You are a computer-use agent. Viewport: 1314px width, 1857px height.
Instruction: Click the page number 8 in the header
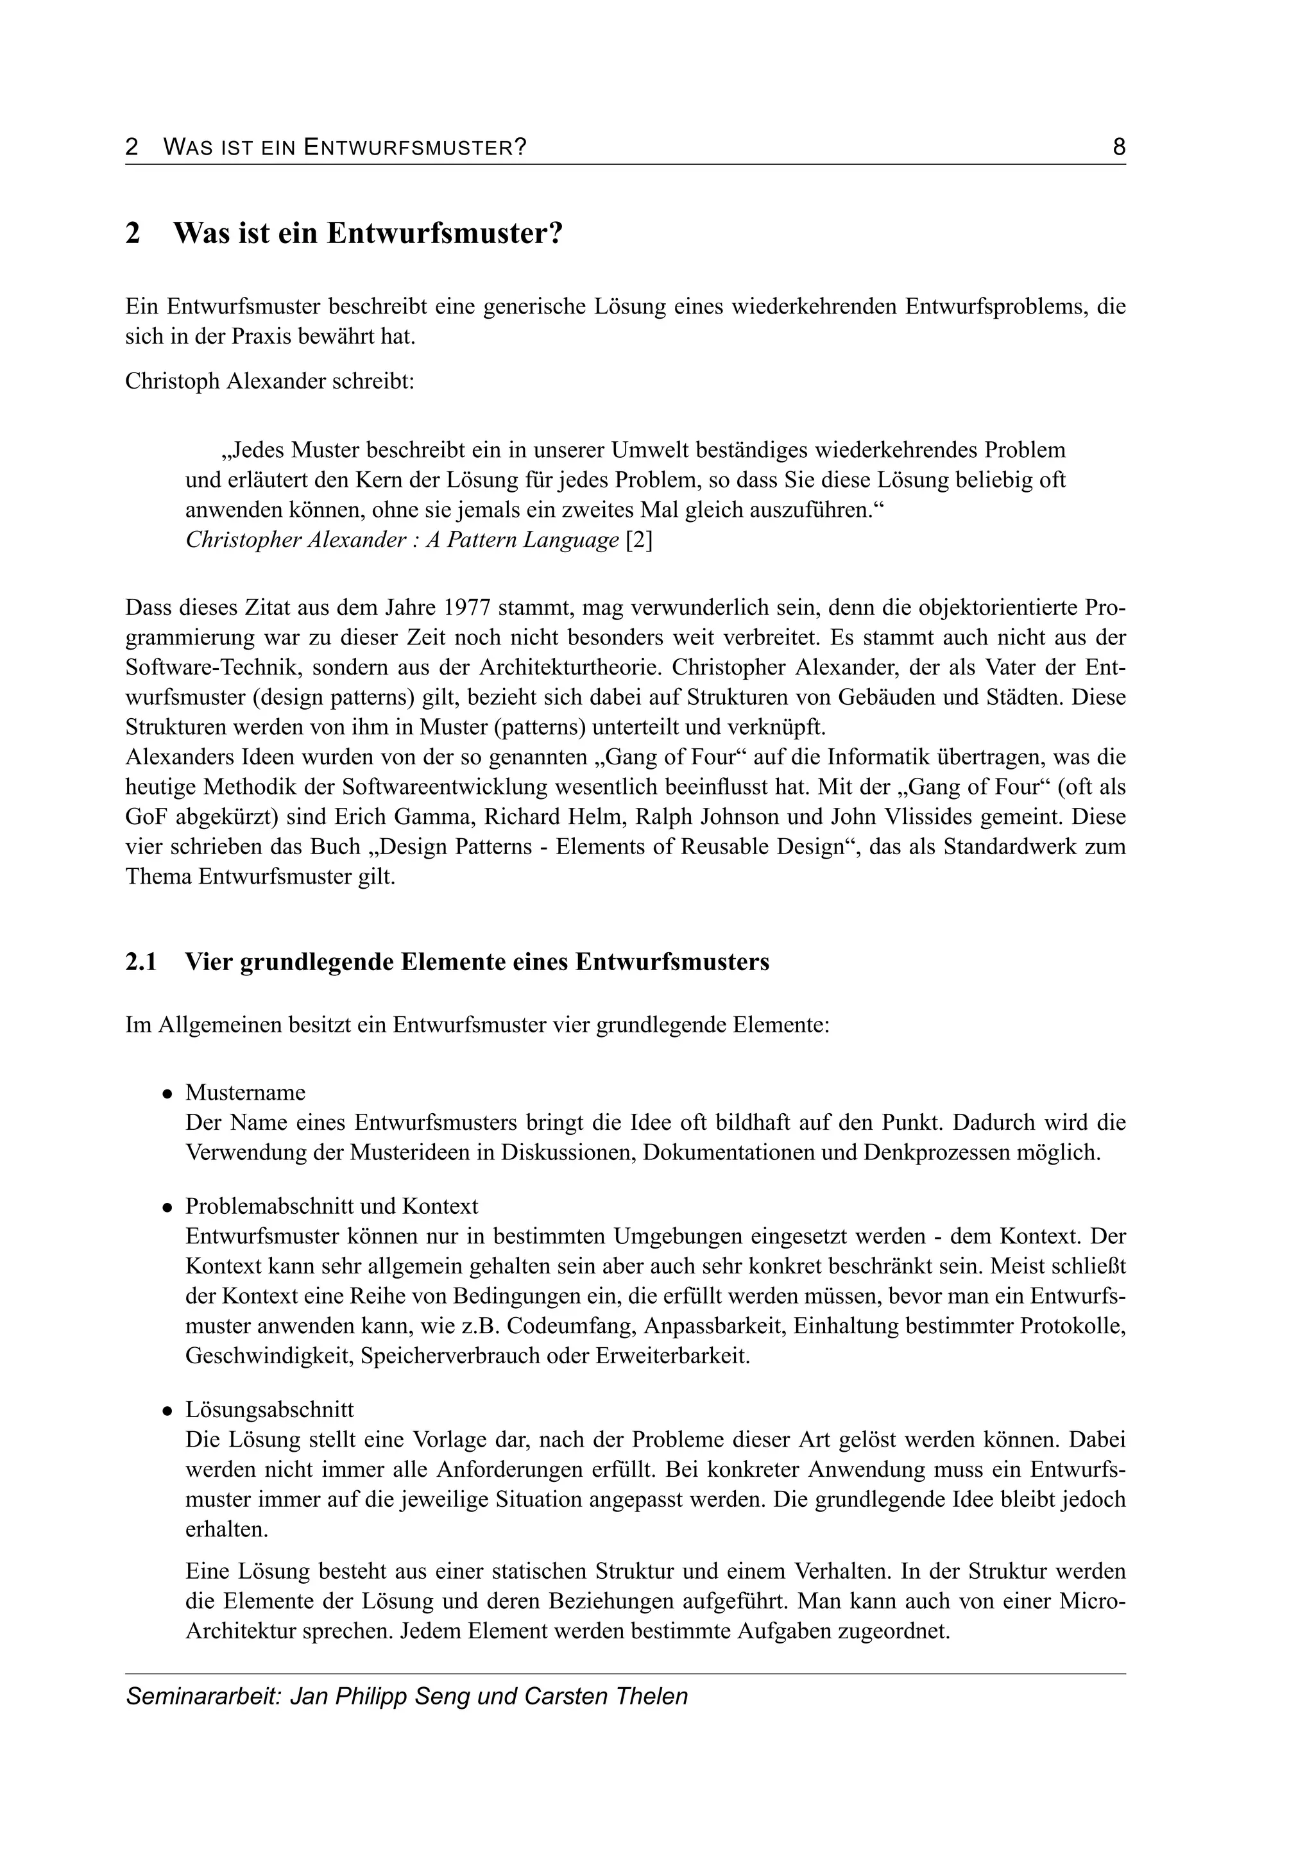coord(1119,147)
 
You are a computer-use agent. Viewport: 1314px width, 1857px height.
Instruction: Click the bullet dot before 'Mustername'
coord(167,1093)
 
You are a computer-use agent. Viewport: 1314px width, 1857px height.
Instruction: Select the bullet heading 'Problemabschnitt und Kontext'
coord(332,1206)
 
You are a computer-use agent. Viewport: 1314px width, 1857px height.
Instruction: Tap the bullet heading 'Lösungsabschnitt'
coord(269,1409)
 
